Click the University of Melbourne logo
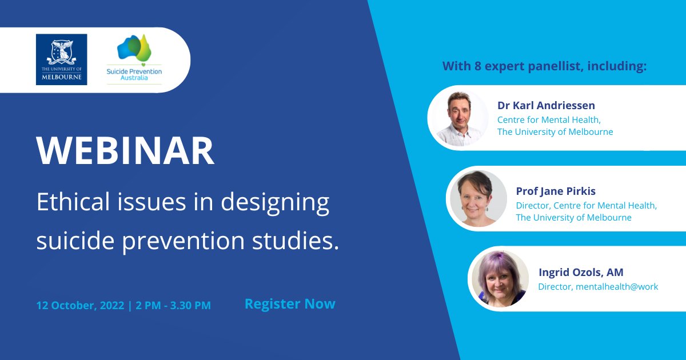(x=61, y=59)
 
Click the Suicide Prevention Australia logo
(x=134, y=59)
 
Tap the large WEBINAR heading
(x=125, y=151)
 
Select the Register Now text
(x=290, y=304)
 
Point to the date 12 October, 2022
(x=80, y=305)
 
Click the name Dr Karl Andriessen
(x=546, y=106)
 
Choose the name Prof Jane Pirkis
(x=556, y=191)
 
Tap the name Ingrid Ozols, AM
(x=581, y=273)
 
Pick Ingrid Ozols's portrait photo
(x=498, y=279)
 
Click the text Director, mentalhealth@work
(x=598, y=287)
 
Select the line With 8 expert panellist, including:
(x=544, y=66)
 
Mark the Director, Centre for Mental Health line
(x=586, y=205)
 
